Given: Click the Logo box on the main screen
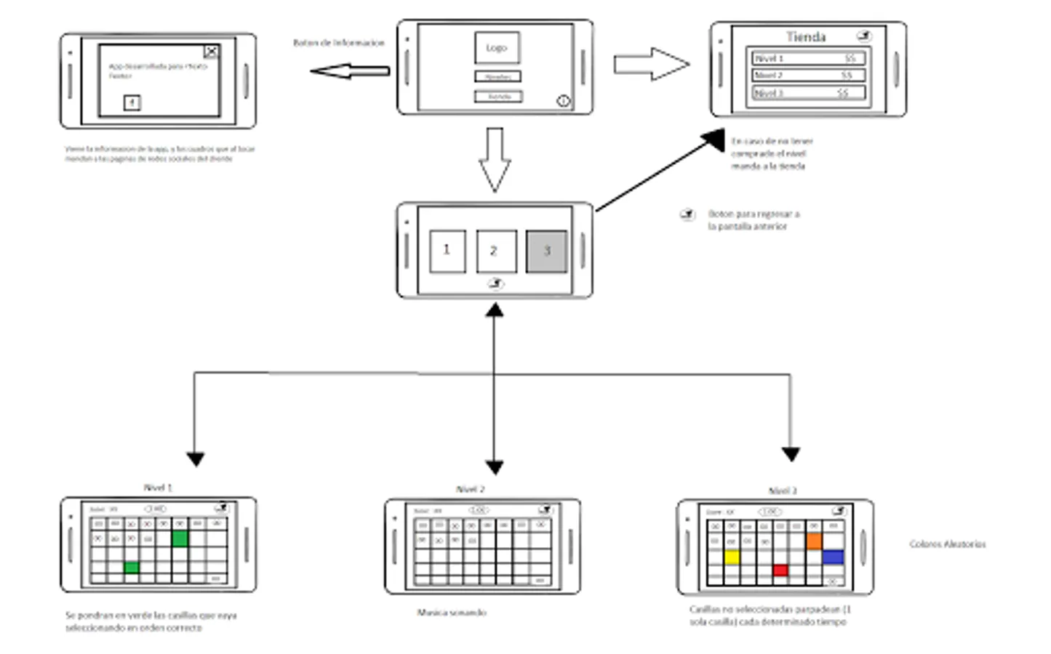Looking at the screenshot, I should (497, 48).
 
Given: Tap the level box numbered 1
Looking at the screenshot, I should (447, 251).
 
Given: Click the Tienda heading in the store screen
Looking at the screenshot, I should (806, 36).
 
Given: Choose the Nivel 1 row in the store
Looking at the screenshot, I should (808, 58).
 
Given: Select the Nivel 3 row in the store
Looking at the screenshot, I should (808, 93).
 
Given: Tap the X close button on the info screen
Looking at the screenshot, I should (211, 52).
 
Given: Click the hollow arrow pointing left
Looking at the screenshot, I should (350, 71).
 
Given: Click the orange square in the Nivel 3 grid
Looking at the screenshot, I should (814, 541).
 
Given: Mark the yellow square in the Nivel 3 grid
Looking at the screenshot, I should (732, 557).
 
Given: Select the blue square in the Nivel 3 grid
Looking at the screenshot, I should (833, 557).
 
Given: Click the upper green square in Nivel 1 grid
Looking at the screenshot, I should (180, 538).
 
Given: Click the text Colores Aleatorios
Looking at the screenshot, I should (948, 544).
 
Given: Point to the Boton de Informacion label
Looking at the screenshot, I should (339, 43).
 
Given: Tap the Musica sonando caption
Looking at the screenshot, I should (452, 613).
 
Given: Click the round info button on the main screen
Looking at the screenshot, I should (563, 102).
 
